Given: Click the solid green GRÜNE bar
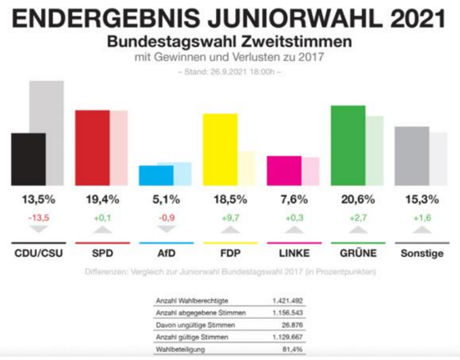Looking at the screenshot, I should point(348,146).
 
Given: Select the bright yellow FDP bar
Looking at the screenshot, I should point(220,150).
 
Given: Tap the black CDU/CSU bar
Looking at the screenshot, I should point(28,159).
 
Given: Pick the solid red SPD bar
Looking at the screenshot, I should point(92,148).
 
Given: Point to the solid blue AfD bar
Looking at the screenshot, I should point(156,175).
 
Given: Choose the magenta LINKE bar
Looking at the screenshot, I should point(283,170).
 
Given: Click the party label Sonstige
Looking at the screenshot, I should point(422,253).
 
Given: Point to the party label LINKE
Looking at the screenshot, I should point(295,253).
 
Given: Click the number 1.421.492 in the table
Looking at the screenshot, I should point(289,301).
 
